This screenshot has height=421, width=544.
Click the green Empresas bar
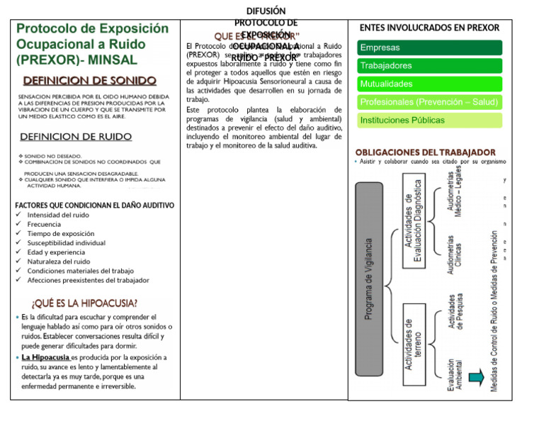pos(430,47)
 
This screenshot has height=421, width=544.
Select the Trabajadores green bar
pos(430,65)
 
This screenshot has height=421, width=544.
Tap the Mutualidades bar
pos(430,84)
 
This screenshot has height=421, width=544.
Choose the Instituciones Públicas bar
pos(430,120)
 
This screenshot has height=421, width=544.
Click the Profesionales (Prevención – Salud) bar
pos(430,102)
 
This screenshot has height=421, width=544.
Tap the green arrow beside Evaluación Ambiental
pos(475,376)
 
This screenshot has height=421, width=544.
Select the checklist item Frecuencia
pos(44,224)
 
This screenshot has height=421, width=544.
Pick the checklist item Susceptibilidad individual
pos(66,242)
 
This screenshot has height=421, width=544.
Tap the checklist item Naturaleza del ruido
pos(59,261)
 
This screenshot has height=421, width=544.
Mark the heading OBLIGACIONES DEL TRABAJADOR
pos(425,152)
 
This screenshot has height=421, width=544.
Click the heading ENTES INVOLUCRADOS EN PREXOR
pos(429,28)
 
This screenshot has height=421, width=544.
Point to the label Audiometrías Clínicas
pos(457,252)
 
